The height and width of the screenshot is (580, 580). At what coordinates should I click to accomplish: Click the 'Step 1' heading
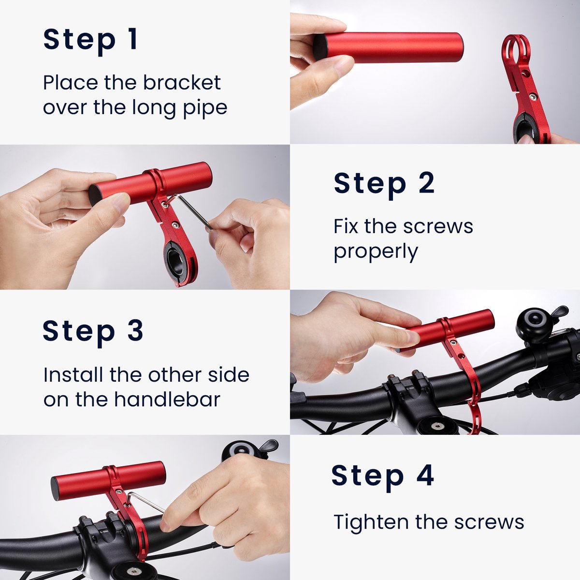(91, 39)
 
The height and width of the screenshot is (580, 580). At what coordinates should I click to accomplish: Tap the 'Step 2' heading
(384, 184)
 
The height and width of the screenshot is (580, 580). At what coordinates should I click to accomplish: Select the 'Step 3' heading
(93, 330)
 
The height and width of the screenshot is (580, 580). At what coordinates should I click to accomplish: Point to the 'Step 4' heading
(382, 476)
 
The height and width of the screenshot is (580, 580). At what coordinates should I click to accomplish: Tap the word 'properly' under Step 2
(376, 252)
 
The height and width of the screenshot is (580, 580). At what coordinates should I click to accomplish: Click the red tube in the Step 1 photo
(391, 47)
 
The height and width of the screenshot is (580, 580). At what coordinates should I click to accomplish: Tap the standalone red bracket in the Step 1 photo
(525, 92)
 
